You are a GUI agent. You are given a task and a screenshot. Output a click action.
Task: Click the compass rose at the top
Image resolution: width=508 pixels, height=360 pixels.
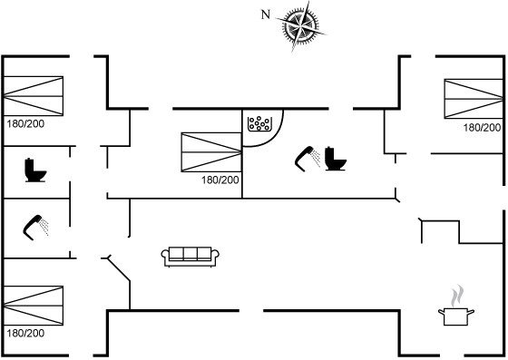(301, 25)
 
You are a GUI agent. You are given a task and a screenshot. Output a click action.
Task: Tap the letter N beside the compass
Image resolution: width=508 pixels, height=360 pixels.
(266, 15)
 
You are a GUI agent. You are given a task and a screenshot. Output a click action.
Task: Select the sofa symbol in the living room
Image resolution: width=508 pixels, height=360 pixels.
(190, 257)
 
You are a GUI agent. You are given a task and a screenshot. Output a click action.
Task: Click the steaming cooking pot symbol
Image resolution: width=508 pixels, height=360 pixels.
(456, 316)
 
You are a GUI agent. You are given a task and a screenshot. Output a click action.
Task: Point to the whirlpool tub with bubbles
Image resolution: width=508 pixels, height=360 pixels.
(259, 123)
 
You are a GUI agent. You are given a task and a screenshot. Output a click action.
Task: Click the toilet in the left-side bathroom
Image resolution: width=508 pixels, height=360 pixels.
(35, 170)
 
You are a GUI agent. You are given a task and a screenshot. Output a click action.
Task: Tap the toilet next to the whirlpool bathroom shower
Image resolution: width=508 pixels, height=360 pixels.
(336, 159)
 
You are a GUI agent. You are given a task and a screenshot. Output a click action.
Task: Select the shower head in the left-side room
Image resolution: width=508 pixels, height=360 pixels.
(35, 228)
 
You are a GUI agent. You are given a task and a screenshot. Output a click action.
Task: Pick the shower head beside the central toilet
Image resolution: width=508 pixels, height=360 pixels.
(308, 159)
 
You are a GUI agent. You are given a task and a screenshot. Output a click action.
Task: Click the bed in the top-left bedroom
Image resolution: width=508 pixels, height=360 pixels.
(34, 96)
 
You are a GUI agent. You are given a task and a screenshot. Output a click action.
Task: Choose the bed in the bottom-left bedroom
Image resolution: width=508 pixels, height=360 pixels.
(34, 306)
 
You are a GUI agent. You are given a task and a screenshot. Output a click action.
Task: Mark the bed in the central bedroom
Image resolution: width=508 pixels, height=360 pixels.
(211, 151)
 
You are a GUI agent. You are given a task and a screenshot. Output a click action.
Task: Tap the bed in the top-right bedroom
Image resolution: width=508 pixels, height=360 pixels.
(474, 99)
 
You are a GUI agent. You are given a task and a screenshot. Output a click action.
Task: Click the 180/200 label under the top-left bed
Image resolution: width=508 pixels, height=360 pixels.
(25, 123)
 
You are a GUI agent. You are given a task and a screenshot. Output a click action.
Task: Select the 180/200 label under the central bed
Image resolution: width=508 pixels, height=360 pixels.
(220, 180)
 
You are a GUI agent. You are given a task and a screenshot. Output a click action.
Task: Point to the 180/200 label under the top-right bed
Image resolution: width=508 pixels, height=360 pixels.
(482, 128)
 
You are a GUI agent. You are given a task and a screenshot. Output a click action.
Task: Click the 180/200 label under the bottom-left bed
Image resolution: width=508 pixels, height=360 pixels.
(25, 333)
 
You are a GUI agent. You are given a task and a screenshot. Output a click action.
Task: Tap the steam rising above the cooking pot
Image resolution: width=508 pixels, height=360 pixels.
(456, 296)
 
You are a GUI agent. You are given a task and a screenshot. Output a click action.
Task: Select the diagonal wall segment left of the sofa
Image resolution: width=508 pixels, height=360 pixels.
(119, 268)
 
